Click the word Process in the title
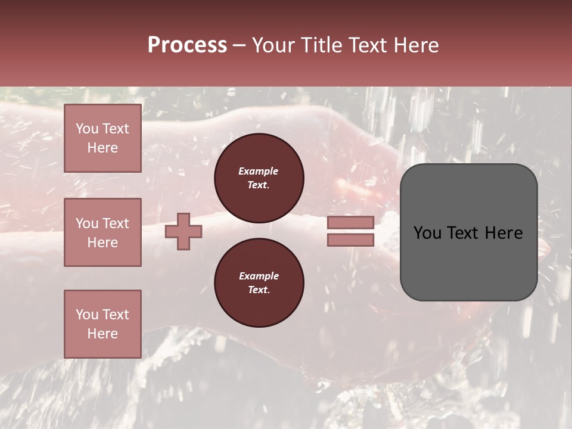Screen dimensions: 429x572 tap(187, 45)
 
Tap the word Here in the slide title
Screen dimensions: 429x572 tap(415, 45)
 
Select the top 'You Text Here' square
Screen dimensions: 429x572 tap(102, 138)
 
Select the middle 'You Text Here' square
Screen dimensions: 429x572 tap(102, 232)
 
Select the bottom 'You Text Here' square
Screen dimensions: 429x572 tap(102, 324)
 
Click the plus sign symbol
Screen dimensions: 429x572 tap(184, 231)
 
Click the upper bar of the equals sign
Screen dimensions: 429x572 tap(350, 222)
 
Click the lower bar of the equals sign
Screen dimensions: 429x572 tap(350, 240)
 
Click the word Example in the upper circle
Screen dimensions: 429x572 tap(259, 171)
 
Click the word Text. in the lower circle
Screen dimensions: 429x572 tap(259, 290)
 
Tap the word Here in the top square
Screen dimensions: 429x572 tap(102, 148)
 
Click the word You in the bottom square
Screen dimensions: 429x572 tap(87, 315)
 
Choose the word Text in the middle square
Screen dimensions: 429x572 tap(116, 223)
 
